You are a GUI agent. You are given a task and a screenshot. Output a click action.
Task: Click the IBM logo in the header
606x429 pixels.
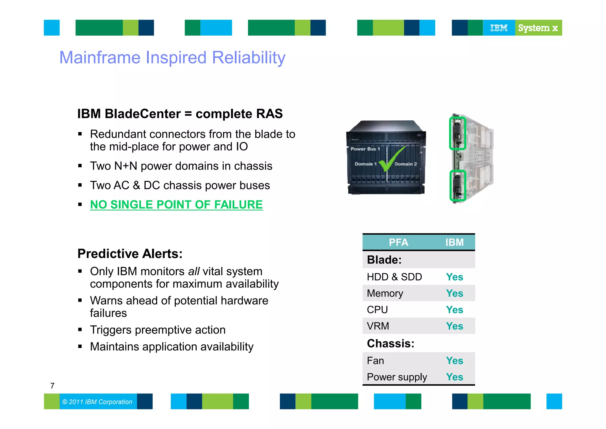499,28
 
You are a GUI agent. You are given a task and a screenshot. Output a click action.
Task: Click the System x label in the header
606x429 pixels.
538,28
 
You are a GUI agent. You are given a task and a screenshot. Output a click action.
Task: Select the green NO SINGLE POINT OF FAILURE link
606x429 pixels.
176,205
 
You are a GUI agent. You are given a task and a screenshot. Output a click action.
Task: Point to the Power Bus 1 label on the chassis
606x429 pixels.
365,149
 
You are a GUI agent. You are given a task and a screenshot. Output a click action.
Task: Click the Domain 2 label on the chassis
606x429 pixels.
406,164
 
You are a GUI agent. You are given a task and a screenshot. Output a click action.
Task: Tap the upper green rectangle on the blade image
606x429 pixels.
457,133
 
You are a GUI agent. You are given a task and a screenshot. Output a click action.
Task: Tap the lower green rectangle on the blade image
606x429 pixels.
457,186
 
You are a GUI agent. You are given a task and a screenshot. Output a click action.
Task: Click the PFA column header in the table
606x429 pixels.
398,243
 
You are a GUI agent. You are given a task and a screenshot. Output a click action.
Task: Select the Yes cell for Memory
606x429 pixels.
454,293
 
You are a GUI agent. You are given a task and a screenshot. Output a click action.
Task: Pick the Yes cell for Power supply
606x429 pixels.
454,377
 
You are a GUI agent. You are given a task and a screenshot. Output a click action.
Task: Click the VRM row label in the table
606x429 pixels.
378,326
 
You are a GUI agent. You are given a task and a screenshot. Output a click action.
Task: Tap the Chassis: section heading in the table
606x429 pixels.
390,343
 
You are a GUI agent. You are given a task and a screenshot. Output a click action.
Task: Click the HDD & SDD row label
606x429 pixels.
394,277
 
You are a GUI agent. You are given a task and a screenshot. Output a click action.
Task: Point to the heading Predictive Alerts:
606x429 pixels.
130,254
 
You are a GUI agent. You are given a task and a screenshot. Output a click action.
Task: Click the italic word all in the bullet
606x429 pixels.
194,272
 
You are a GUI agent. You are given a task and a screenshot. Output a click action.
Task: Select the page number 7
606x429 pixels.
52,386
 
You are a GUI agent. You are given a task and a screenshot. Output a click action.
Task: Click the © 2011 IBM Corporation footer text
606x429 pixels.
97,402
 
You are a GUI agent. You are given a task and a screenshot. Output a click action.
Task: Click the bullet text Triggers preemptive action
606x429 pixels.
158,330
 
